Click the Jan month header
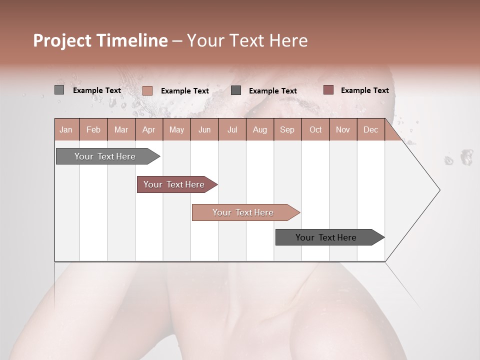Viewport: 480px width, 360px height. [x=66, y=129]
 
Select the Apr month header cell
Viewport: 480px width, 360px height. [x=148, y=129]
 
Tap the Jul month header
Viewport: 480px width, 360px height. [x=232, y=129]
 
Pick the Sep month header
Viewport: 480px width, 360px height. [x=287, y=129]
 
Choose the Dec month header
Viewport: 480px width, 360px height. [x=370, y=129]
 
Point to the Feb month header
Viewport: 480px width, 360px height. [x=93, y=129]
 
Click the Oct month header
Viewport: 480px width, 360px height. [x=315, y=129]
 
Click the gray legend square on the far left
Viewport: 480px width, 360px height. [x=59, y=90]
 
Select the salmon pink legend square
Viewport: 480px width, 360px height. [x=147, y=90]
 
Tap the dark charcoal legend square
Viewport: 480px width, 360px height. [x=236, y=90]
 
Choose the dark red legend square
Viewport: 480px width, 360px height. [x=328, y=90]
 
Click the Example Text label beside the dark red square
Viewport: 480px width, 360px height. [x=364, y=90]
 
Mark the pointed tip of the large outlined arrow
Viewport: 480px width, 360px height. [x=439, y=190]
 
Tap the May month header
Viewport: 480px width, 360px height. [x=176, y=129]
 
